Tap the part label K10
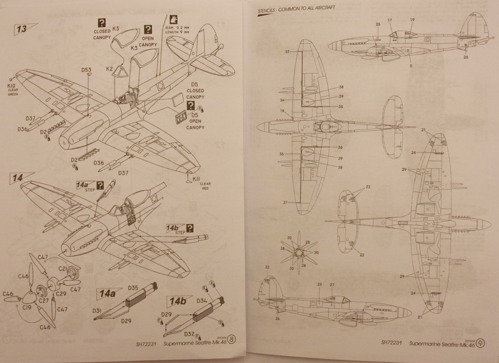[x=12, y=85]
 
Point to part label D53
[x=86, y=70]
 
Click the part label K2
[x=109, y=69]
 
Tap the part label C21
[x=63, y=269]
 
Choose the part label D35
[x=133, y=288]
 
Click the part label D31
[x=97, y=310]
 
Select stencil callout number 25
[x=378, y=24]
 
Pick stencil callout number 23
[x=320, y=285]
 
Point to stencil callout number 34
[x=282, y=100]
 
